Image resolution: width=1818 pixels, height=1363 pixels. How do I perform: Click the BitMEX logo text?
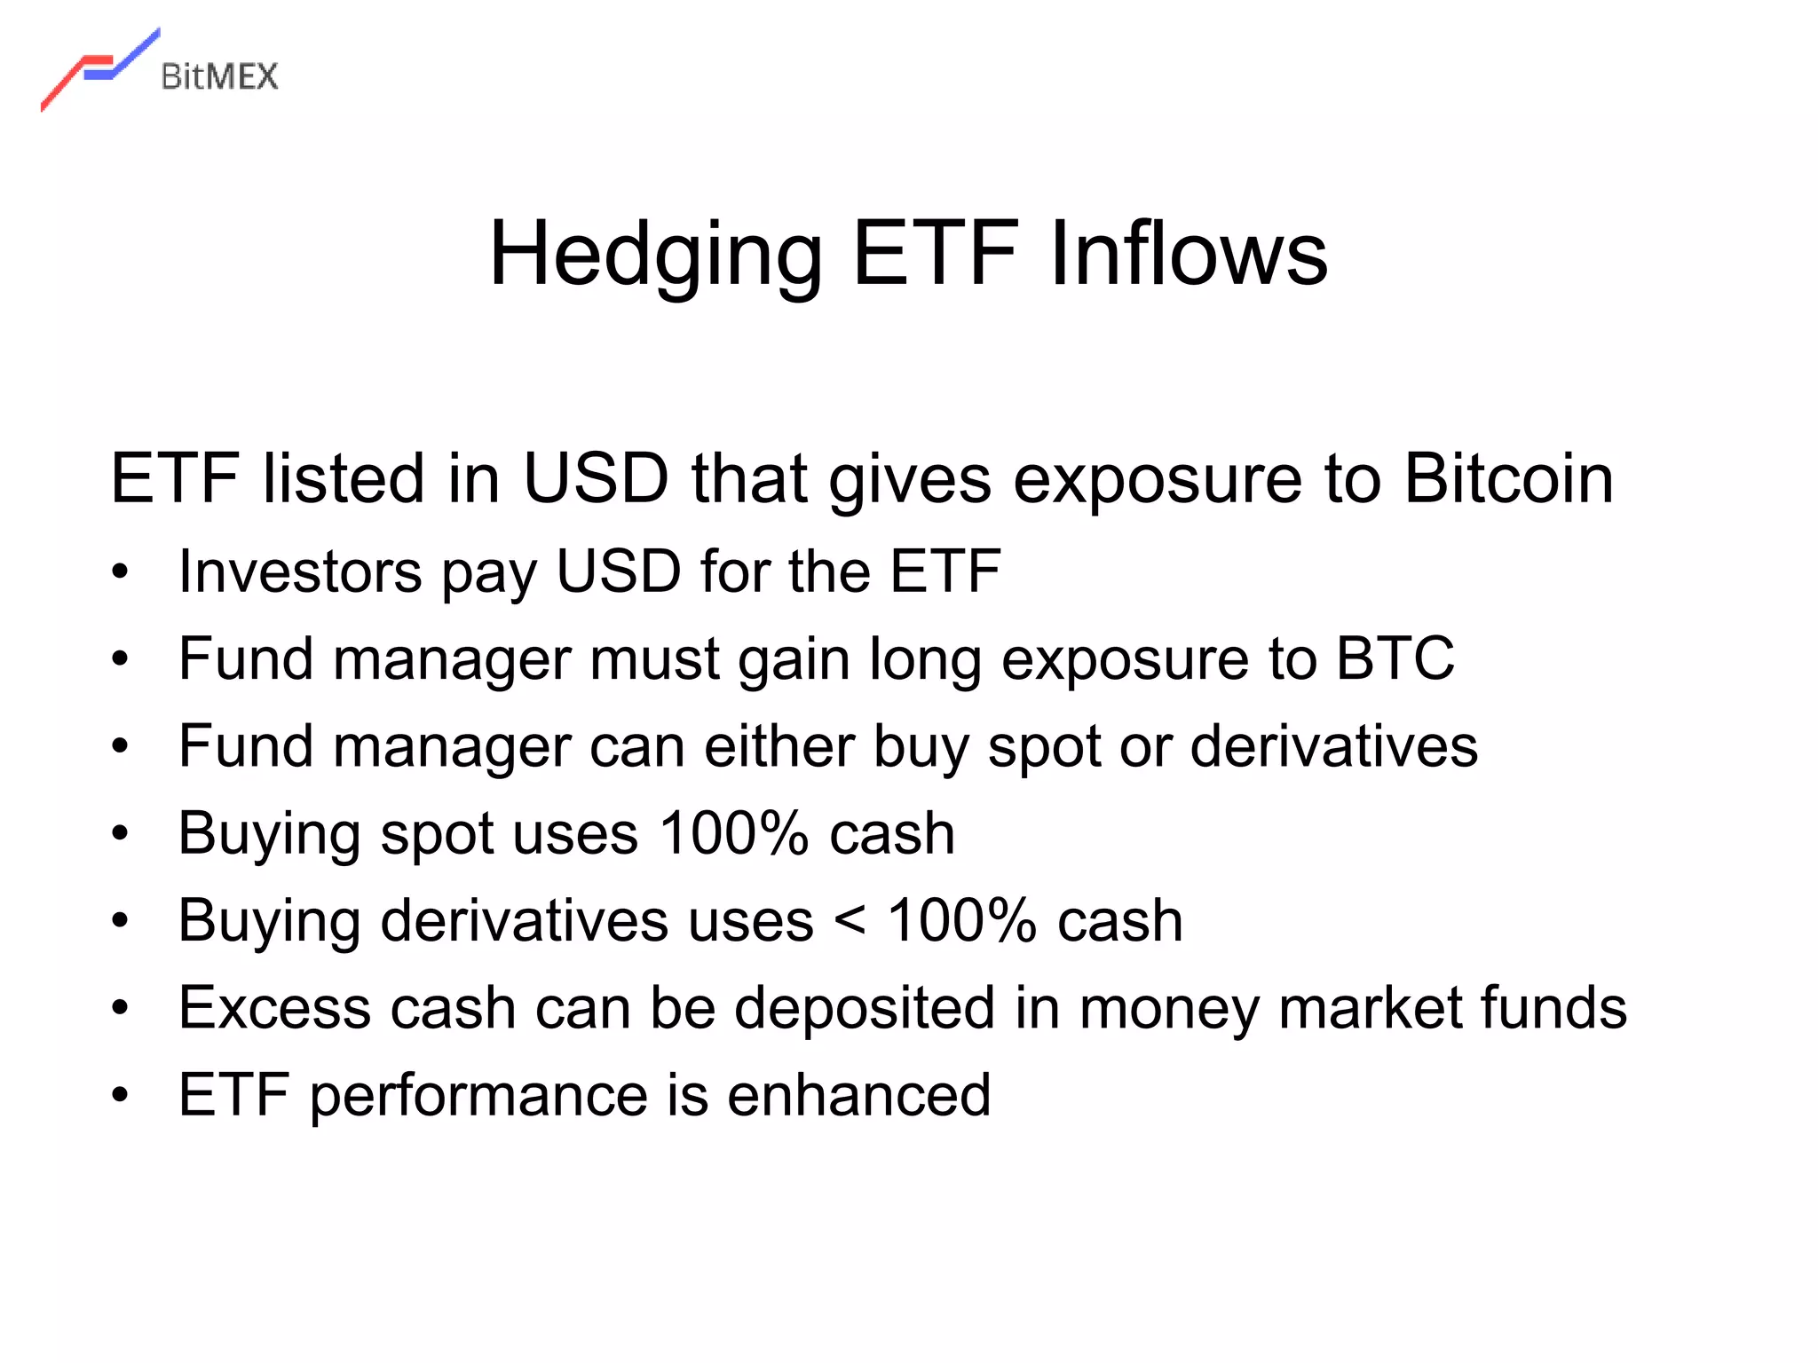pos(219,77)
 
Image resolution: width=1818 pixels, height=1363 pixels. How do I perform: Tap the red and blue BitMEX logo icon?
pos(99,69)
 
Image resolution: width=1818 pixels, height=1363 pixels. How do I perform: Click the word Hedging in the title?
pos(655,255)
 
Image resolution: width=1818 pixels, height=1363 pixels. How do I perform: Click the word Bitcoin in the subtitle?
pos(1508,479)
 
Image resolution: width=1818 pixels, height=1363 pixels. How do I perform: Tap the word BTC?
pos(1395,658)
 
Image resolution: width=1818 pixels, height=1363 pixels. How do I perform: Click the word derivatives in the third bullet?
pos(1333,745)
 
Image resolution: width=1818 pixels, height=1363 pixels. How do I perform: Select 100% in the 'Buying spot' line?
pos(733,833)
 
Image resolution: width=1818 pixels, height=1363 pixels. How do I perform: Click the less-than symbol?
pos(850,920)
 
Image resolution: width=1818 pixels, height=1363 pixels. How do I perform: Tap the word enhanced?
pos(858,1095)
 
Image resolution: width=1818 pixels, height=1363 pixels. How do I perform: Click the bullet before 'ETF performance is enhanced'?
pos(121,1095)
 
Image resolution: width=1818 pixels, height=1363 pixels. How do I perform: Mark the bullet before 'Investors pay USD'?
pos(121,571)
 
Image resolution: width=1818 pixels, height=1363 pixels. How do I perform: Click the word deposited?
pos(865,1008)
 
